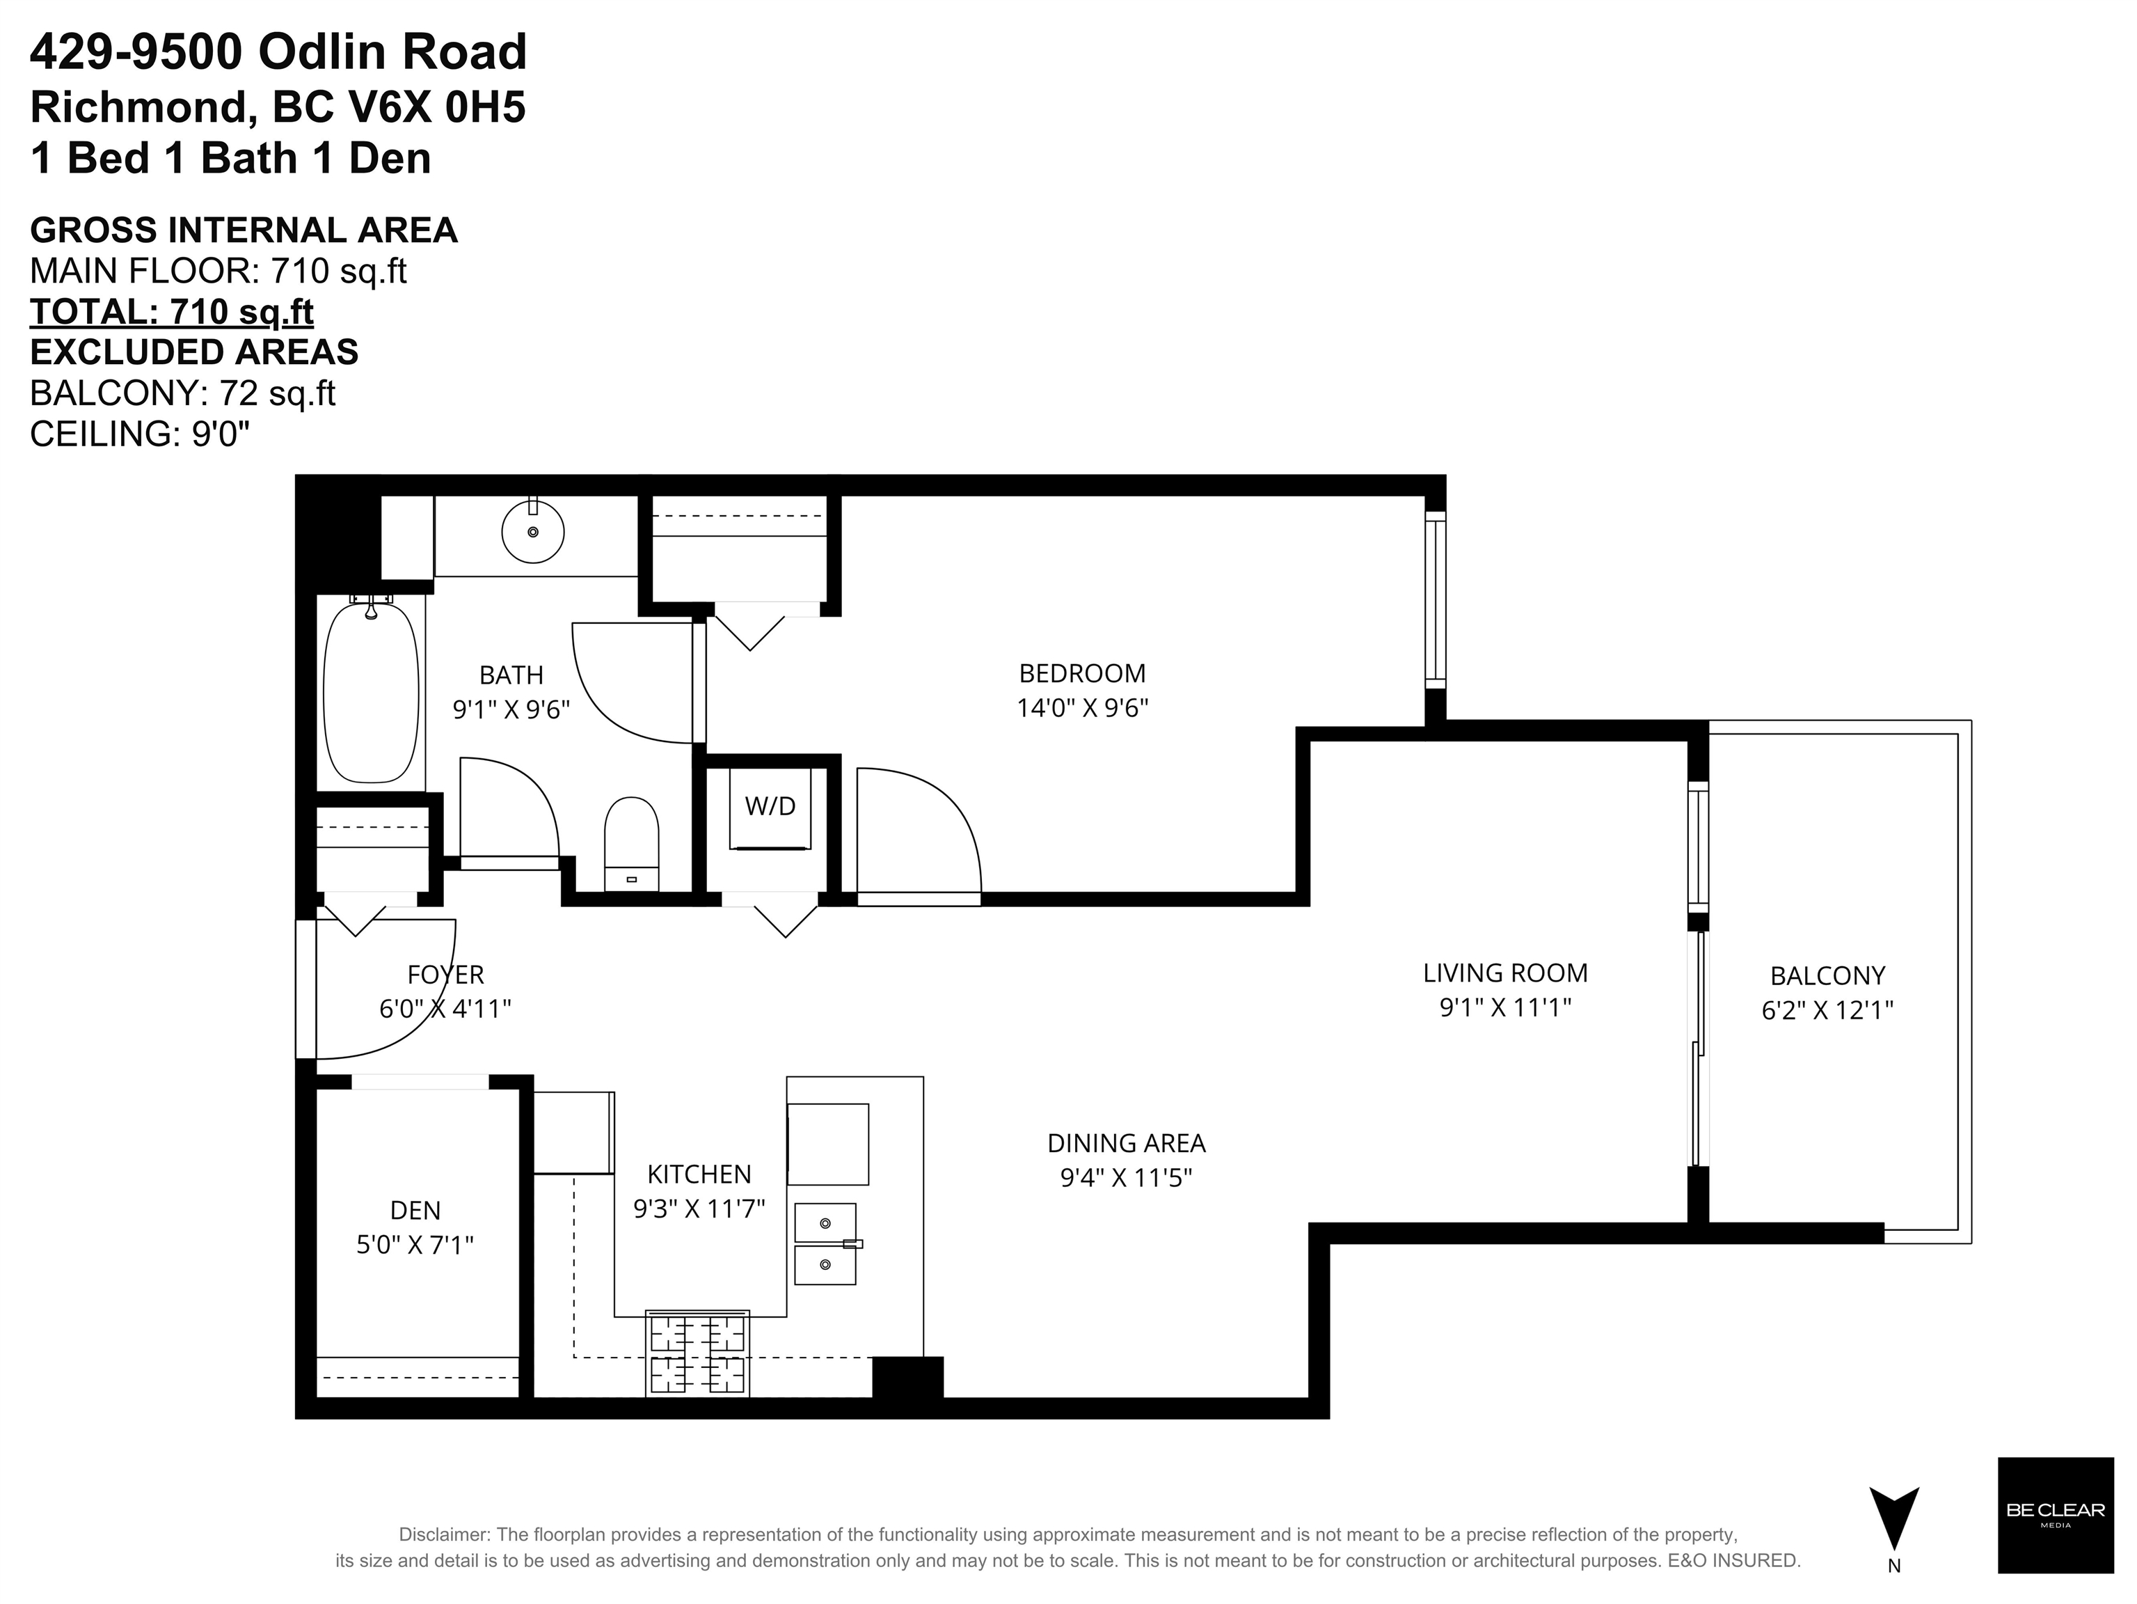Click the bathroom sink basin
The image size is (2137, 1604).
coord(532,531)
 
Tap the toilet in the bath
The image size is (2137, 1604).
coord(631,841)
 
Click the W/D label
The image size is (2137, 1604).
coord(770,806)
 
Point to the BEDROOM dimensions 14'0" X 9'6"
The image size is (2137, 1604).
coord(1082,708)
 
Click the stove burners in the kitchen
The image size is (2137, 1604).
coord(697,1355)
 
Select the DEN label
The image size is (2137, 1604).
coord(415,1210)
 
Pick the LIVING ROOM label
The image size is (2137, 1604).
coord(1505,973)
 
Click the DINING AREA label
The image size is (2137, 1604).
coord(1127,1143)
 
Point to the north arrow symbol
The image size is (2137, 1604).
coord(1893,1518)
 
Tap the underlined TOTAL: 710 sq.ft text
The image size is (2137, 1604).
coord(172,312)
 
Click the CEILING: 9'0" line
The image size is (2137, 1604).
coord(140,434)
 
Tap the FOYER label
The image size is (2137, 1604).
coord(445,974)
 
